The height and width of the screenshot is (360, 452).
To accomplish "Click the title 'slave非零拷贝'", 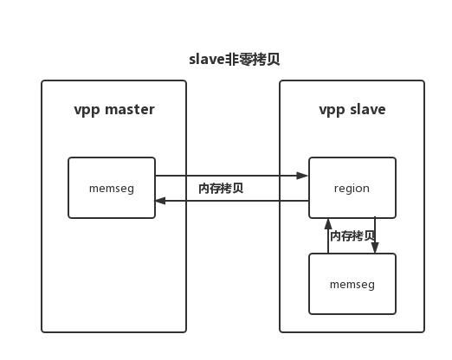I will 234,60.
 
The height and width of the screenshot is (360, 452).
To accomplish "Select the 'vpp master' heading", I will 113,110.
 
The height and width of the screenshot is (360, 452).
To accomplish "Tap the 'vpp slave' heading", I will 352,110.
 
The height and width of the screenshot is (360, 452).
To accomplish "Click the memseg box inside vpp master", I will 112,188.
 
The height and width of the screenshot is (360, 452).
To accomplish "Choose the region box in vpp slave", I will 352,188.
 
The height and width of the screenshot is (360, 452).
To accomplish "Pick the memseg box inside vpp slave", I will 352,284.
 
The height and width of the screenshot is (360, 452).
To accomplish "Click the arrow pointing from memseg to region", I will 231,176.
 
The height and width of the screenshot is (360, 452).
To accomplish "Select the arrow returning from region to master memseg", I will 231,201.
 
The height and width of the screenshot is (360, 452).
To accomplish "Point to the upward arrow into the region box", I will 327,235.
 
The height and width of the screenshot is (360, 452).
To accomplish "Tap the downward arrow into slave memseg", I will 375,235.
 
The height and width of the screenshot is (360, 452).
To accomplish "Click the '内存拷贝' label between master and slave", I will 221,188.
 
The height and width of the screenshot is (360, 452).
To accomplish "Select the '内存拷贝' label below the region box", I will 352,235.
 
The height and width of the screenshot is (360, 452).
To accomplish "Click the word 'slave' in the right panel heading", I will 367,110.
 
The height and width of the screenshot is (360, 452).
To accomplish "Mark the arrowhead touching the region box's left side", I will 303,176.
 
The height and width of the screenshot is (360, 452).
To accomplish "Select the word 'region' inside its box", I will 352,188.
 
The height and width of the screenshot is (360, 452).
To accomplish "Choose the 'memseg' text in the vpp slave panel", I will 352,284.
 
